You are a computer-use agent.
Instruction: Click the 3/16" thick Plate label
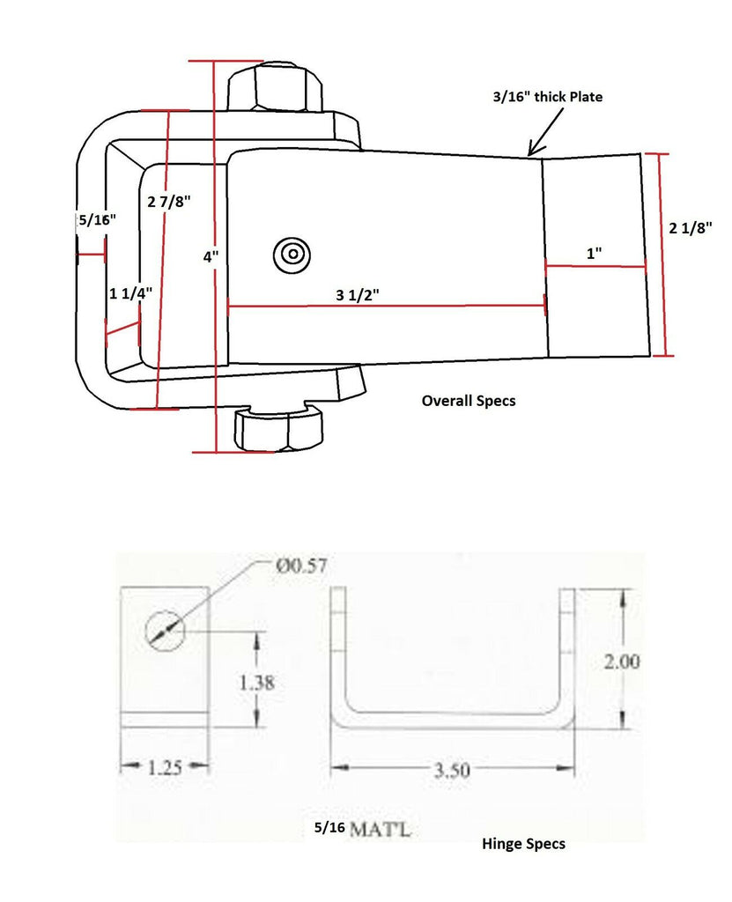(547, 97)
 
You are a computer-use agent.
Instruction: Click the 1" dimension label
(594, 253)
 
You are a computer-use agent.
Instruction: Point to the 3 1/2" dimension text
(351, 294)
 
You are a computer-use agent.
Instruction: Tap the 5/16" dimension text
(95, 219)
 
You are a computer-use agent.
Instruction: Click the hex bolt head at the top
(276, 88)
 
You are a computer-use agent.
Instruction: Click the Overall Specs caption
(468, 400)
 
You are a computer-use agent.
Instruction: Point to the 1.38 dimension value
(256, 681)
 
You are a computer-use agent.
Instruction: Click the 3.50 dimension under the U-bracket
(451, 770)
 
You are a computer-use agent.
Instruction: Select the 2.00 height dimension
(621, 661)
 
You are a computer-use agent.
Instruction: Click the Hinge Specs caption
(523, 843)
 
